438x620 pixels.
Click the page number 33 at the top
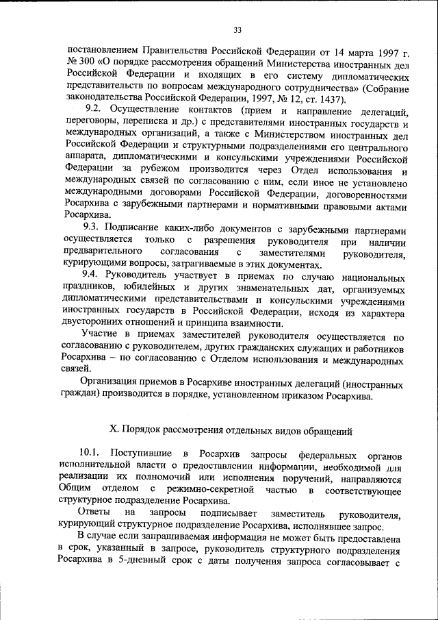pyautogui.click(x=237, y=29)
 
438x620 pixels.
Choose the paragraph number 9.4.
pyautogui.click(x=93, y=276)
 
